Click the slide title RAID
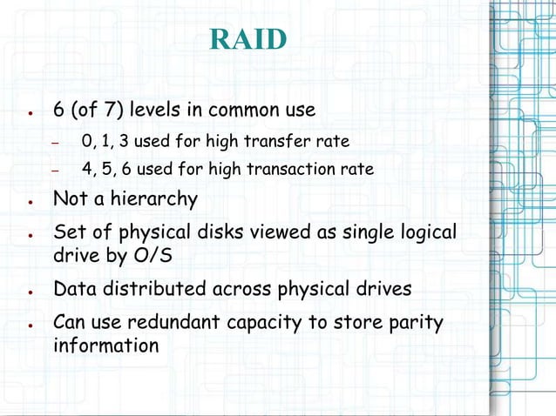248,40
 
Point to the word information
105,346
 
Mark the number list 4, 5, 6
105,169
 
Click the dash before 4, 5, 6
55,171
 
